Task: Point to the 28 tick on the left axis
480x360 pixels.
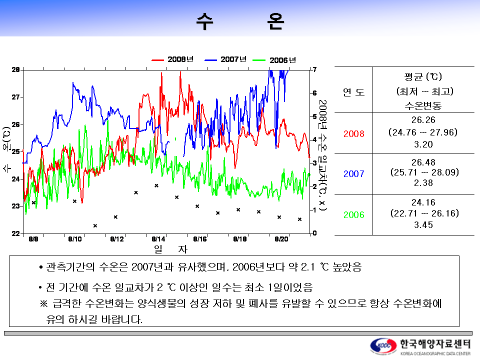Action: (16, 69)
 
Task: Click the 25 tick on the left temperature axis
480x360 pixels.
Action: (16, 151)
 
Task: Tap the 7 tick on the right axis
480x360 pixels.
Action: (314, 69)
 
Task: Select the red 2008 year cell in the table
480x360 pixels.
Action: (353, 134)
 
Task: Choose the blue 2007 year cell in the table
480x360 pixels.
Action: (353, 174)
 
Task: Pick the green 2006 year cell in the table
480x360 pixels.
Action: (353, 214)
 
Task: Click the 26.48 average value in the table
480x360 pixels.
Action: (423, 162)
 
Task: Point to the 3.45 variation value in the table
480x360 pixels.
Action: (423, 225)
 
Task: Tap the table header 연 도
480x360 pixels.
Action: (353, 92)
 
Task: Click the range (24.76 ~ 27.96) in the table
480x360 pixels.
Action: (423, 132)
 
